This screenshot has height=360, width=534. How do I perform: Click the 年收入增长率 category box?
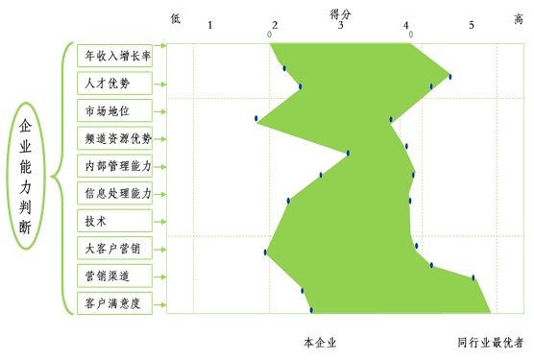[x=118, y=56]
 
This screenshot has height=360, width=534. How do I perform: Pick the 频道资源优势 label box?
[x=118, y=139]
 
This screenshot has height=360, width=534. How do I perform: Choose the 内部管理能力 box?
[x=118, y=166]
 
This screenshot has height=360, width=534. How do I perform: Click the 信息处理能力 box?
[x=118, y=194]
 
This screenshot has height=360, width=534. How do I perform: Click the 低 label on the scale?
[x=175, y=18]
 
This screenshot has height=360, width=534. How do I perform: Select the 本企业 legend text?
[x=320, y=342]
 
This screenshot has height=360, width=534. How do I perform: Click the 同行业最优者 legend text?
[x=490, y=342]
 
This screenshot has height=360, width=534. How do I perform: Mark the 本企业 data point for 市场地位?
[x=256, y=119]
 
